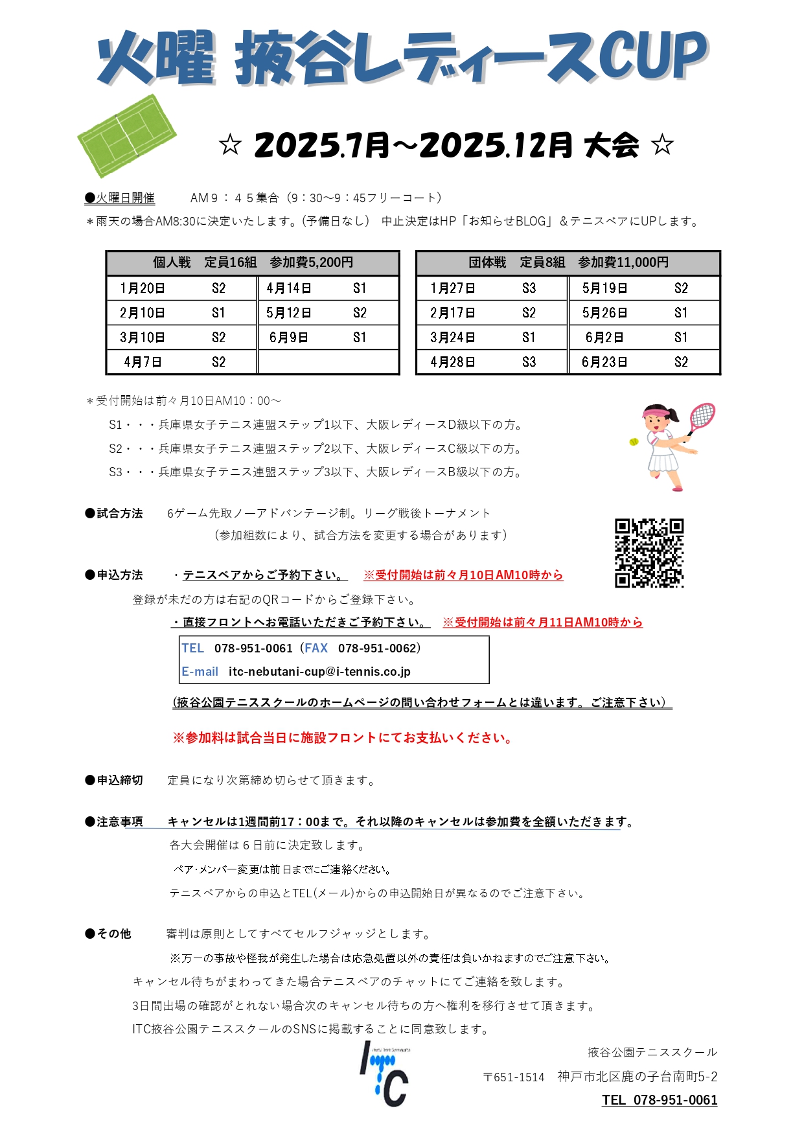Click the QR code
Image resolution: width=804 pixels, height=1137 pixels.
coord(649,553)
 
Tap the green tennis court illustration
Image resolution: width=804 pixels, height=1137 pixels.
coord(126,135)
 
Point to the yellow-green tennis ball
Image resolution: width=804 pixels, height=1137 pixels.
coord(634,441)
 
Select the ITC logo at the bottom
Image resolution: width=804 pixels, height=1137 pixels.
coord(385,1074)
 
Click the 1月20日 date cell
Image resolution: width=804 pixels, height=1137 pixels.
coord(143,288)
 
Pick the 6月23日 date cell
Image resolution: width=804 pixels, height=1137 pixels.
coord(604,362)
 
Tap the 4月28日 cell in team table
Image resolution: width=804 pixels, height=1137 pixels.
coord(453,362)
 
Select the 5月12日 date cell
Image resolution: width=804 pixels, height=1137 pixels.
coord(289,313)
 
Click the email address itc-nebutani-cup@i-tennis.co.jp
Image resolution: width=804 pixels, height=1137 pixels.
coord(319,672)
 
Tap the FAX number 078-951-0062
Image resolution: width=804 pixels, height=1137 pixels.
coord(378,648)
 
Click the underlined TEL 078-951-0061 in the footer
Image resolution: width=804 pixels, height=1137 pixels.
coord(660,1099)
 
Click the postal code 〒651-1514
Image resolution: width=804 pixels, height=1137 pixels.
coord(514,1077)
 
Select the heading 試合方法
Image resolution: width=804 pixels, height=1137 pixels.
coord(120,513)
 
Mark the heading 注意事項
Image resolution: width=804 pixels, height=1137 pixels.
coord(120,821)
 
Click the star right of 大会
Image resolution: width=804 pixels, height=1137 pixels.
coord(662,145)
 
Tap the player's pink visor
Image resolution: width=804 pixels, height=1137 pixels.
coord(655,412)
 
